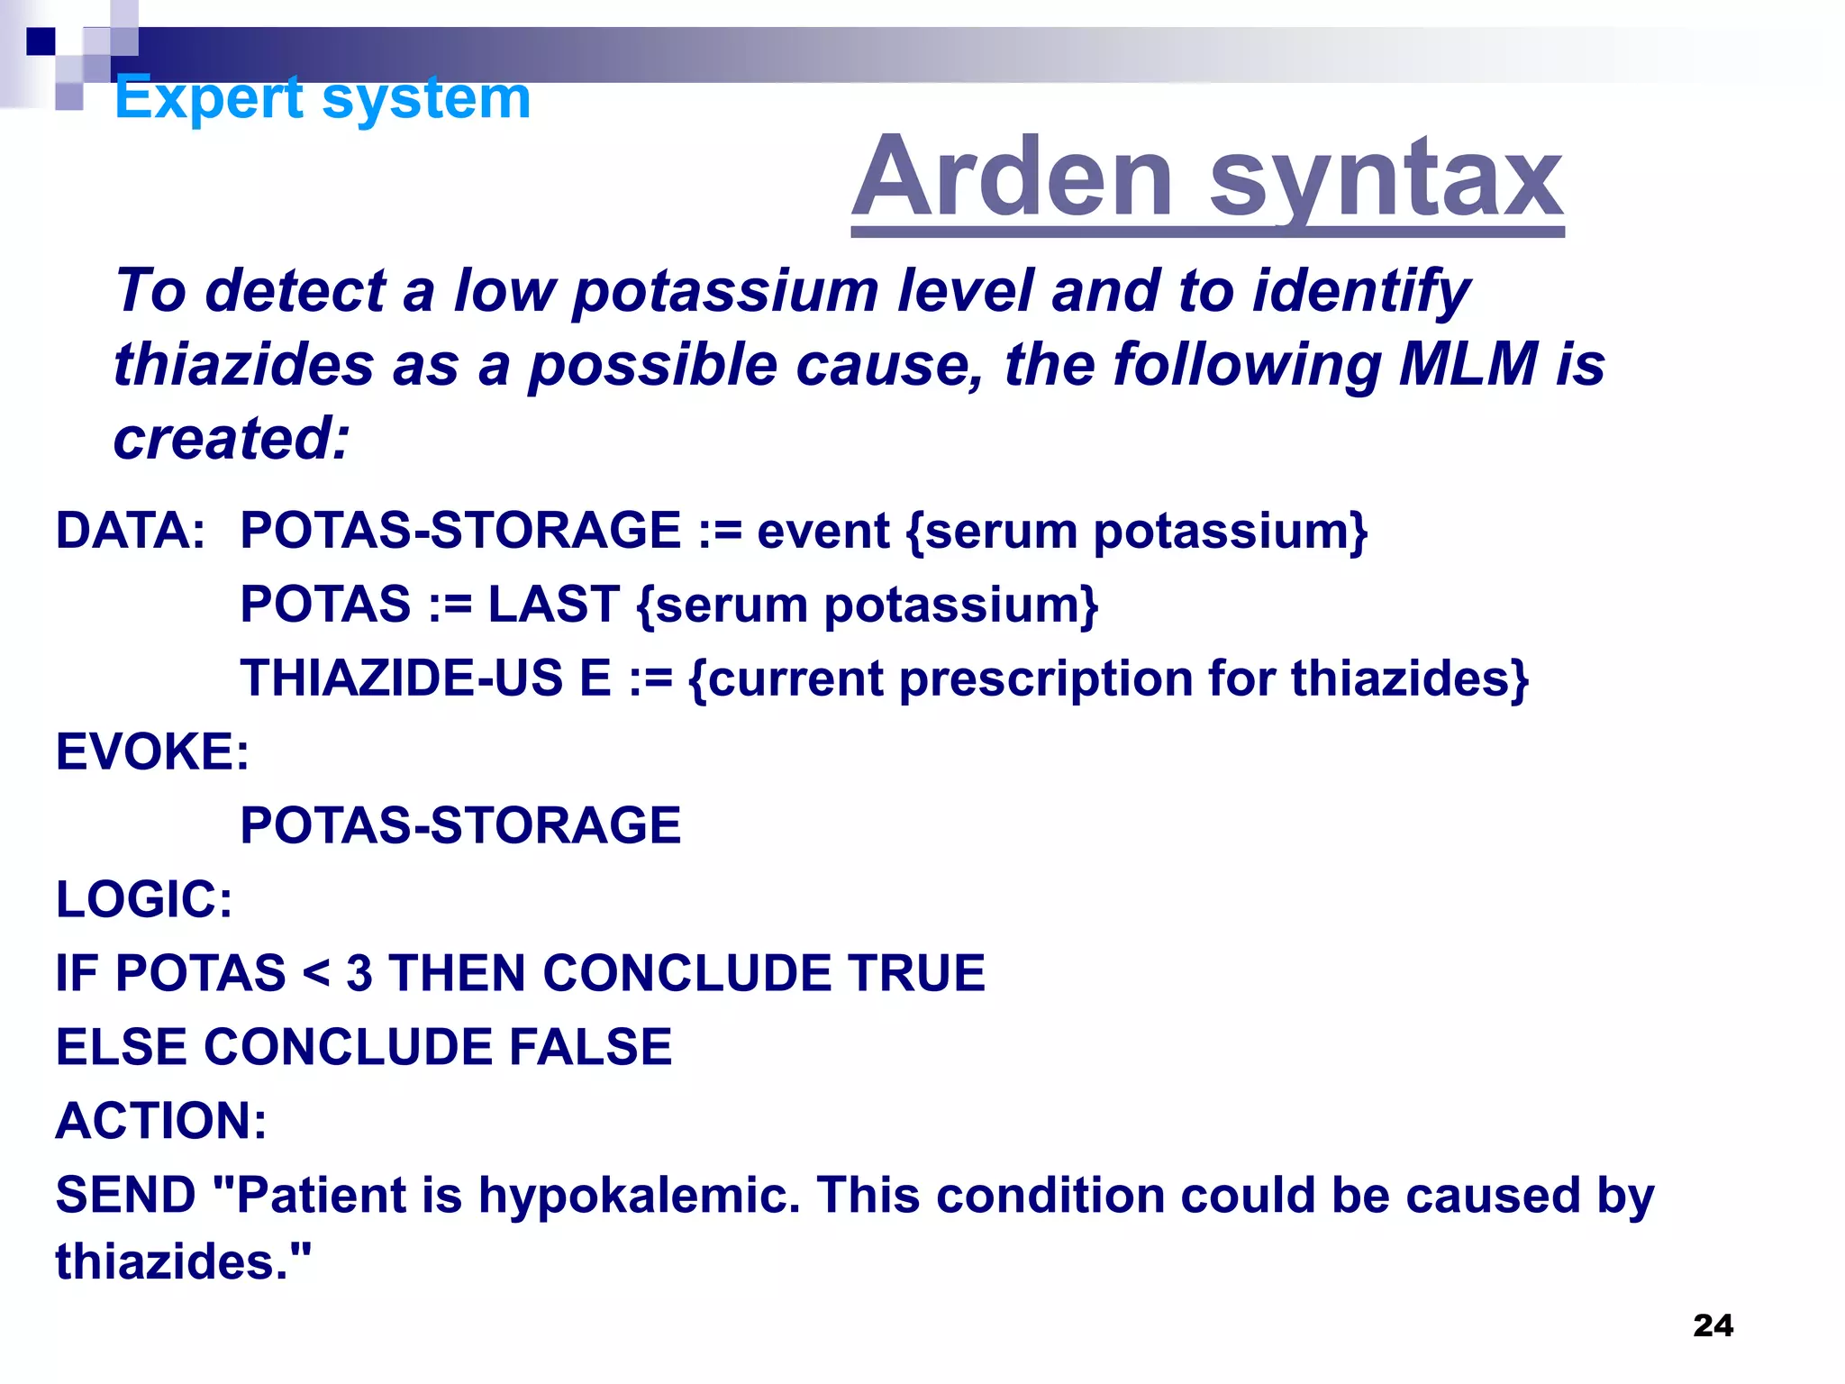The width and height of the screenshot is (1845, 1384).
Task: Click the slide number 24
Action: pos(1713,1325)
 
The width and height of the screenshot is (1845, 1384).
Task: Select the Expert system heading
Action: pos(323,97)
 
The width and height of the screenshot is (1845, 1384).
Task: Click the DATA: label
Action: pos(131,530)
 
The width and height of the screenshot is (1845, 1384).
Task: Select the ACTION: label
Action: pos(161,1121)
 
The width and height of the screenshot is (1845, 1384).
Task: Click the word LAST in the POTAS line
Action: pos(553,604)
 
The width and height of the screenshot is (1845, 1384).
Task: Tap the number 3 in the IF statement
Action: pos(359,974)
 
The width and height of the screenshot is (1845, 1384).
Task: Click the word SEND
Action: pos(125,1195)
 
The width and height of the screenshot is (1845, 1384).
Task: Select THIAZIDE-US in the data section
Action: pos(401,678)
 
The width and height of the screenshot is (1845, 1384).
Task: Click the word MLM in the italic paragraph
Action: pos(1468,364)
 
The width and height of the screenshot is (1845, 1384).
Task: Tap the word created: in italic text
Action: pos(231,439)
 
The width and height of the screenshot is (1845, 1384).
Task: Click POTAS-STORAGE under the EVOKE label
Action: pos(460,825)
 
